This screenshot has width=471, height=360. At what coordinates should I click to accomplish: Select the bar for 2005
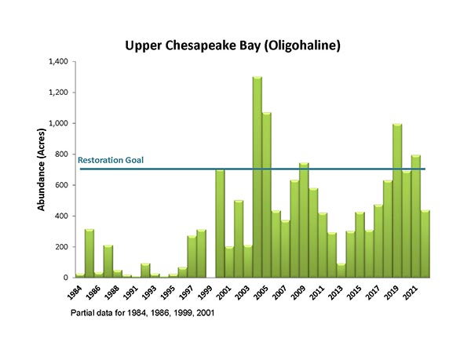point(266,196)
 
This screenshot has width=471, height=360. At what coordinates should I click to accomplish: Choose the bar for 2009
point(304,220)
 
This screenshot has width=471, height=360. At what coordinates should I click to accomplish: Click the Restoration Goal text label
point(111,160)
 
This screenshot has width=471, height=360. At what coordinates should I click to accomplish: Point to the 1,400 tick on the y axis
point(59,61)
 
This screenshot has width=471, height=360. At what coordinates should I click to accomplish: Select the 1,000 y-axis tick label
point(59,123)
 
